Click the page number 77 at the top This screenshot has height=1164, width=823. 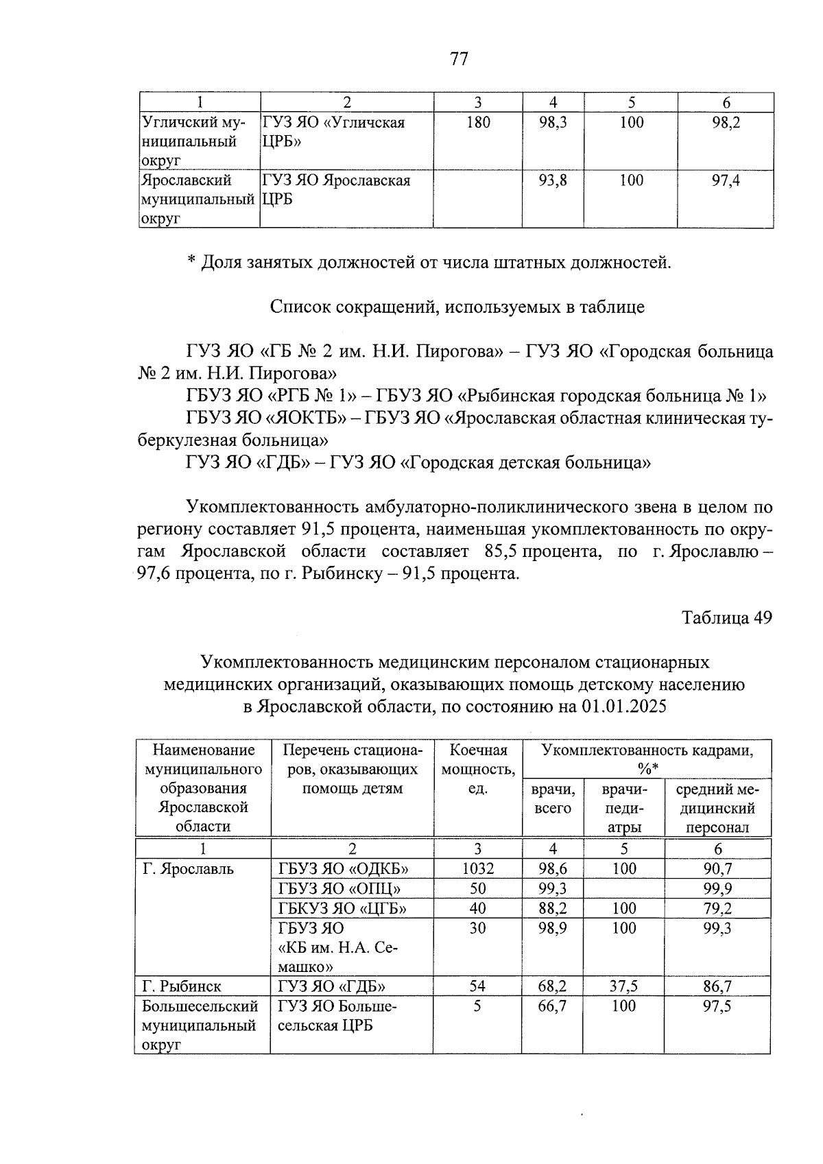pos(459,59)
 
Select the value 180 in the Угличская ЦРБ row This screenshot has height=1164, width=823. pos(477,123)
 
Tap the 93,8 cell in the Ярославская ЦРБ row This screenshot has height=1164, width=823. pos(552,180)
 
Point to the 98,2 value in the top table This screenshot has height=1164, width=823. pos(726,123)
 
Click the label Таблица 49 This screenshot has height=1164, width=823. pos(727,617)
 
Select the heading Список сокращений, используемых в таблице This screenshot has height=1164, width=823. pos(457,307)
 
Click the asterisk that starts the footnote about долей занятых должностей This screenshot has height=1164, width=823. pos(192,263)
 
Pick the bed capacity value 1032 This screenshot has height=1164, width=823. pos(477,868)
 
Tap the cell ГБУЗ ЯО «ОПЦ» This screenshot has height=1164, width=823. pos(339,888)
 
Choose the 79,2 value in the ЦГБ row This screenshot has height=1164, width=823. pos(717,908)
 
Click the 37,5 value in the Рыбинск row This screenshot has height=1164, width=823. pos(623,986)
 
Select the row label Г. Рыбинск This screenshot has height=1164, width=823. pos(182,986)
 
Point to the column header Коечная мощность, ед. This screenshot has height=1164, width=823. pos(477,769)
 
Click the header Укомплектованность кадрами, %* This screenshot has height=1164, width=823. pos(647,759)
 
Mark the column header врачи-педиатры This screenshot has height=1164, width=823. pos(623,808)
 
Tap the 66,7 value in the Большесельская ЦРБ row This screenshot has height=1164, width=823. pos(552,1006)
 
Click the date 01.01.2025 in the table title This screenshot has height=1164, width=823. pos(623,706)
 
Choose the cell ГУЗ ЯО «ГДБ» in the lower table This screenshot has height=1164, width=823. pos(331,986)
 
